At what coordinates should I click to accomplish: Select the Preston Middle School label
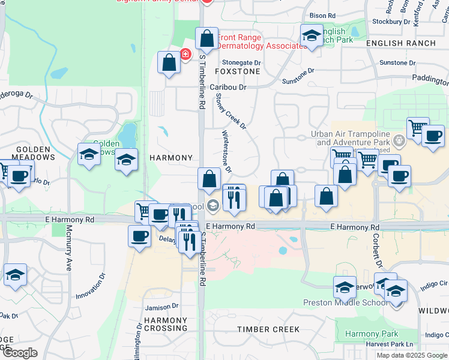click(x=345, y=302)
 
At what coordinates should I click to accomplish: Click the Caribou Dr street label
click(x=228, y=87)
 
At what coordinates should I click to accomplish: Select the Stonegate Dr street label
click(x=242, y=62)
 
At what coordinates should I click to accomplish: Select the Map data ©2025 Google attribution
click(x=412, y=355)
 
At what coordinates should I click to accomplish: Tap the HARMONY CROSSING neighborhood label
click(x=166, y=324)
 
